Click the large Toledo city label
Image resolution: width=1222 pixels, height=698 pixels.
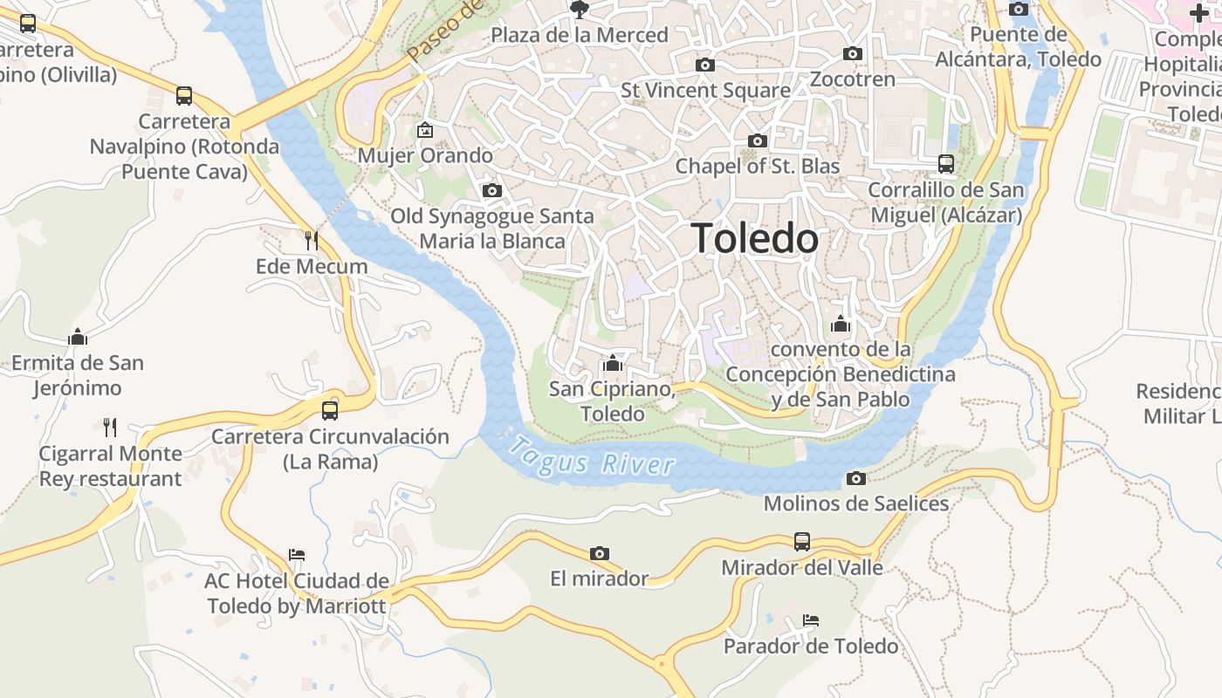pos(755,238)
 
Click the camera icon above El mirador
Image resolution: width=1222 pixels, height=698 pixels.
pos(599,553)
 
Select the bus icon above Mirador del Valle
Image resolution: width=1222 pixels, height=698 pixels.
pos(802,541)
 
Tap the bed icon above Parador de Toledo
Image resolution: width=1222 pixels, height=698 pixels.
pos(811,620)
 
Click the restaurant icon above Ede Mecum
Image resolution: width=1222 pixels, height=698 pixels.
pos(311,239)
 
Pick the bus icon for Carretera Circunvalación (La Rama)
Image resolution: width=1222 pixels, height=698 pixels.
pos(330,410)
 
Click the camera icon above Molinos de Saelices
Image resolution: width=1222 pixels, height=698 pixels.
pos(856,478)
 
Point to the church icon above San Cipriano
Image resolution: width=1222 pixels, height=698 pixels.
pos(613,362)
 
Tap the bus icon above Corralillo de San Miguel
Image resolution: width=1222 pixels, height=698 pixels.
pos(946,163)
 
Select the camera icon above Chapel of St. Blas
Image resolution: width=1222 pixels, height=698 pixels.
pos(758,140)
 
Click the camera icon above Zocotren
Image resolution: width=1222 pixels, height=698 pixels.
pos(853,53)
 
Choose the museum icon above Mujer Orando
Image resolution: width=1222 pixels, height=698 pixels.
pos(425,130)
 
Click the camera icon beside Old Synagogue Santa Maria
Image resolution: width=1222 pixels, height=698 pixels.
pos(492,190)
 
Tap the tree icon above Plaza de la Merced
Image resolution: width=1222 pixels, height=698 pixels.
pos(578,10)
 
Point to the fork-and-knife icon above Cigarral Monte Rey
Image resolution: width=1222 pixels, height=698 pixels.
pos(110,427)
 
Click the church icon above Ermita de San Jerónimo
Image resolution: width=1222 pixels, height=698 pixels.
pos(78,336)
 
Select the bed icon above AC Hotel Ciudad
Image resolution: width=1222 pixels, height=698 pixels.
pos(297,554)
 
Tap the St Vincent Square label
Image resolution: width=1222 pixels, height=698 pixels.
pos(705,90)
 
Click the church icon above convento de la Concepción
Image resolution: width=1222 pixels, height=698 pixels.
pos(841,324)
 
